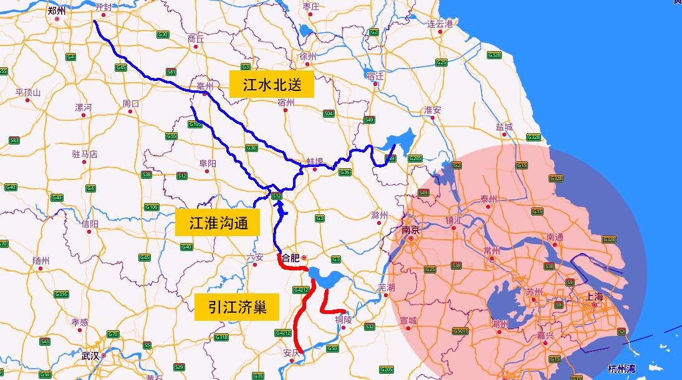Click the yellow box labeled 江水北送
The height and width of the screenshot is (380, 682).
[x=272, y=84]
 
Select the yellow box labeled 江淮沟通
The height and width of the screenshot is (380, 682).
[x=217, y=222]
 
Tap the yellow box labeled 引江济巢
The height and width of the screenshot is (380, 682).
[x=238, y=306]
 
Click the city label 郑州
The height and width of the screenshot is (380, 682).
[x=57, y=10]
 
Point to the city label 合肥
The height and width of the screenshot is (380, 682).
[x=291, y=257]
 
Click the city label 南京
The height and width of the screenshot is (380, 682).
[x=410, y=230]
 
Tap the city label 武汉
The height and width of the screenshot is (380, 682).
[x=90, y=356]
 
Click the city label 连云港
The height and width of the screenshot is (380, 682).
[x=440, y=24]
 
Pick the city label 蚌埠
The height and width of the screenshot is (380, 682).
[x=315, y=161]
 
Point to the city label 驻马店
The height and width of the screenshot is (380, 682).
[x=85, y=154]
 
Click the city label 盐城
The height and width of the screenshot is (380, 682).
[x=504, y=127]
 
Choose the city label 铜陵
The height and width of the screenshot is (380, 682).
[x=343, y=320]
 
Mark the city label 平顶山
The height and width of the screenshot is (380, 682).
[x=28, y=93]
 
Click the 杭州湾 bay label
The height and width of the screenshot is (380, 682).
[x=623, y=368]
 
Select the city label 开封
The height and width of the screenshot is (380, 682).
[x=103, y=7]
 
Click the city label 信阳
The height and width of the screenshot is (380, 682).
[x=90, y=224]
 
